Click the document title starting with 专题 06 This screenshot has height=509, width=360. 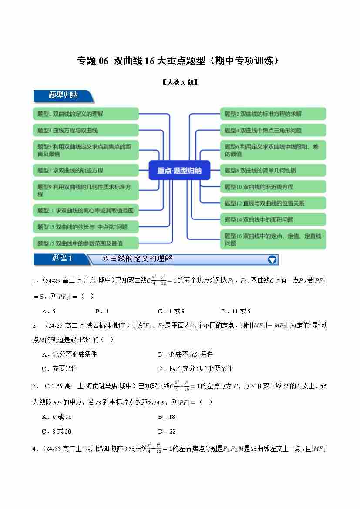(178, 61)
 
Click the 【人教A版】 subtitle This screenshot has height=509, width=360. (180, 82)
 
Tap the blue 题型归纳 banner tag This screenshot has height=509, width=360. (63, 95)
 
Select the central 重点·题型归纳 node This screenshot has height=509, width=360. (179, 170)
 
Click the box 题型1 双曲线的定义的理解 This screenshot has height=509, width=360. (86, 114)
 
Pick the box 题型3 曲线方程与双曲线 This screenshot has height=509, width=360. (86, 130)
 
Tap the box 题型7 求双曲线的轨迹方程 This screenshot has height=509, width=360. (86, 170)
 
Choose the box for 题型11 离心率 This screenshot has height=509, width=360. (86, 211)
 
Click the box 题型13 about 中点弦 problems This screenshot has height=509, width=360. (86, 227)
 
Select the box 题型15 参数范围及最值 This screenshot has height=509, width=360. (86, 243)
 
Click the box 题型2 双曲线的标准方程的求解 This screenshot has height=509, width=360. (273, 114)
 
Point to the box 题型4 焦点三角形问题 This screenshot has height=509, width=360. (273, 130)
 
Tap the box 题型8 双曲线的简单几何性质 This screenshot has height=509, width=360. (273, 170)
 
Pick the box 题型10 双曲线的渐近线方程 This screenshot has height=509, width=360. (273, 187)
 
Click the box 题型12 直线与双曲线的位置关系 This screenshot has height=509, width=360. (273, 203)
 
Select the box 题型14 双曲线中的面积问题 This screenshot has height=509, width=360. (273, 219)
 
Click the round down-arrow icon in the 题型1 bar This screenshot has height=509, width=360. (272, 260)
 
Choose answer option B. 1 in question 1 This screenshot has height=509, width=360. (101, 311)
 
